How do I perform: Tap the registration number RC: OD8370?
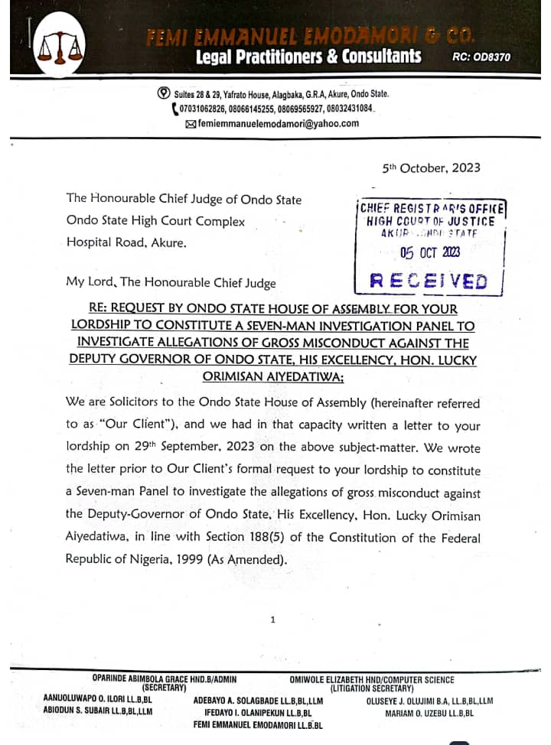[x=481, y=57]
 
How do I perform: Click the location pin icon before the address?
[x=163, y=93]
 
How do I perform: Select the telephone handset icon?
[x=174, y=109]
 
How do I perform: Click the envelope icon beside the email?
[x=190, y=123]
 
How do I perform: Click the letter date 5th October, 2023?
[x=432, y=168]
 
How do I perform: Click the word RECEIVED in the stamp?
[x=429, y=281]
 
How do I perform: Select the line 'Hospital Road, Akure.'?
[x=126, y=244]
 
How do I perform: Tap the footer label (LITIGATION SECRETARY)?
[x=372, y=688]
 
